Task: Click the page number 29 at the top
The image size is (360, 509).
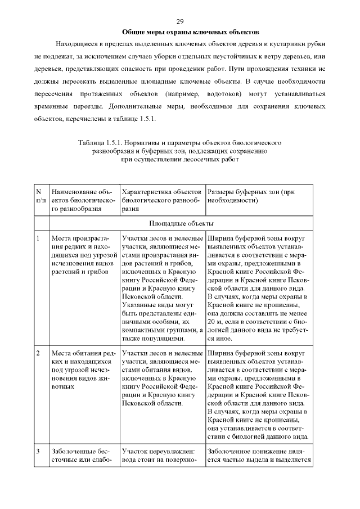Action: click(180, 21)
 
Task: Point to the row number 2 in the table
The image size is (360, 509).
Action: click(38, 353)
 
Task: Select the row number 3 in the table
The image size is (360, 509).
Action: click(38, 451)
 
